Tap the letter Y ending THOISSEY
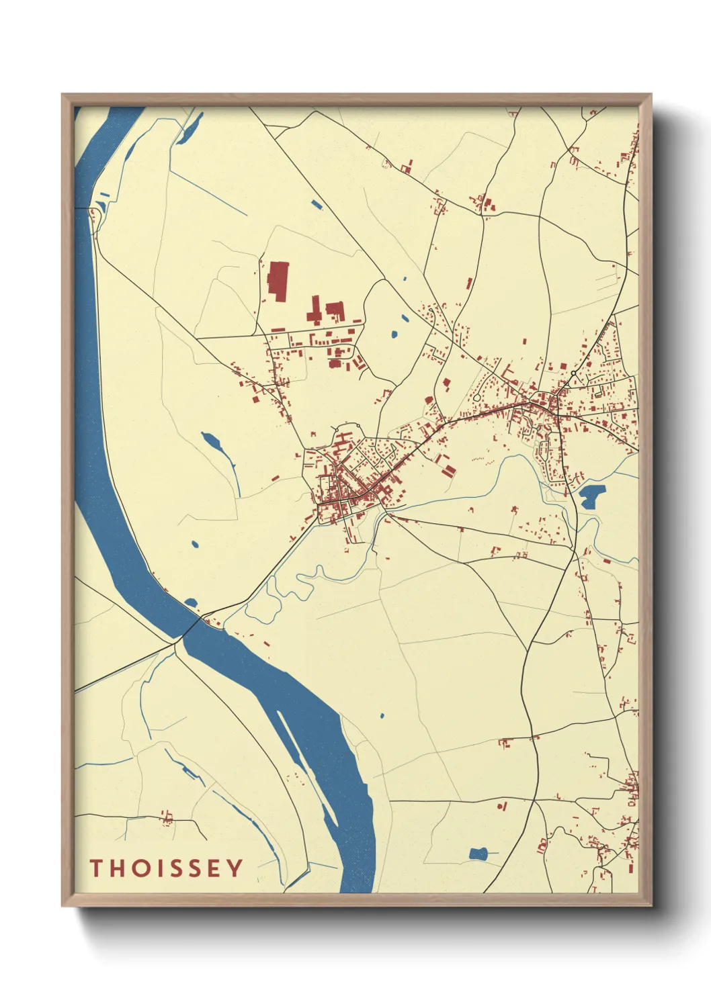234,868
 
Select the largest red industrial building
278,280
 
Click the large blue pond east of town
592,496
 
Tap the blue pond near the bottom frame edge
478,854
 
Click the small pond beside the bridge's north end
192,602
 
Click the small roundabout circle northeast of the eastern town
573,373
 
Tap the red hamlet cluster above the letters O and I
166,818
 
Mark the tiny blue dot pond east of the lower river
382,716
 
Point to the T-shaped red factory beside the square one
314,311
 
